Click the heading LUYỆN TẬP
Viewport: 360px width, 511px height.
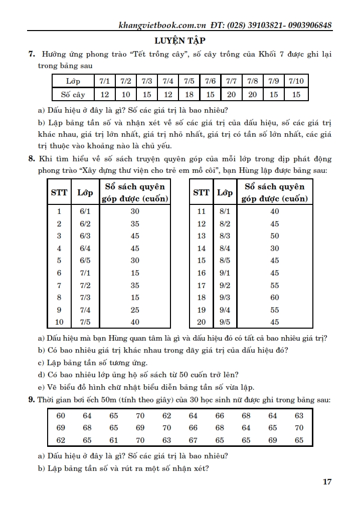tap(179, 41)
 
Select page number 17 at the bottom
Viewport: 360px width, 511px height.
tap(327, 482)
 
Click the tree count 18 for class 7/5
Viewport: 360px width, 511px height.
tap(189, 94)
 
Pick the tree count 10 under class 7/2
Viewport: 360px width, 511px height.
tap(126, 94)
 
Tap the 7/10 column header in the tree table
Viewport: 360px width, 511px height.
tap(296, 81)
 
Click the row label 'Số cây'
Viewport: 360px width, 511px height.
tap(73, 94)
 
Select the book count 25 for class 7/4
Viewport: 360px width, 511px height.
tap(135, 310)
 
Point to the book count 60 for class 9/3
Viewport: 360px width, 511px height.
tap(275, 298)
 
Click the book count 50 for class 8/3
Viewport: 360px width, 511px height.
tap(275, 236)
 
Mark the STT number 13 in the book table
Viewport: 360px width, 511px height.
tap(202, 236)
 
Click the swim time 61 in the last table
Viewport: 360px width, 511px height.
tap(114, 441)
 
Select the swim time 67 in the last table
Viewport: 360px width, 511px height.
tap(193, 441)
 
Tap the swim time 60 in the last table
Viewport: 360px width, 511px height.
tap(61, 416)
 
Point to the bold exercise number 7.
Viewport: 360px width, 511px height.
tap(31, 54)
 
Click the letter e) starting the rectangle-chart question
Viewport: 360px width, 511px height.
tap(41, 387)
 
